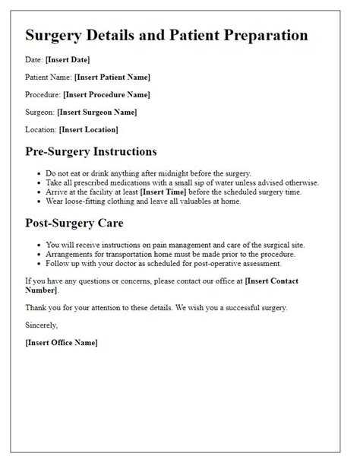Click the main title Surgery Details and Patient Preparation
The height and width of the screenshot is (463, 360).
[x=166, y=36]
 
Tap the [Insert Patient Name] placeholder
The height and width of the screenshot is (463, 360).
[x=112, y=77]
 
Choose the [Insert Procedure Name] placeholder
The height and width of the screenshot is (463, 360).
[x=107, y=94]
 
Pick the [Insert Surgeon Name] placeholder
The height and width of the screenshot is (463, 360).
[x=103, y=112]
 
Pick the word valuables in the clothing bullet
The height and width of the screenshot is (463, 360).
[x=200, y=201]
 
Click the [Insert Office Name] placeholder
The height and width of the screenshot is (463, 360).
[x=62, y=342]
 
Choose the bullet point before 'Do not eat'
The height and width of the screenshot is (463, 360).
[x=39, y=173]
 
